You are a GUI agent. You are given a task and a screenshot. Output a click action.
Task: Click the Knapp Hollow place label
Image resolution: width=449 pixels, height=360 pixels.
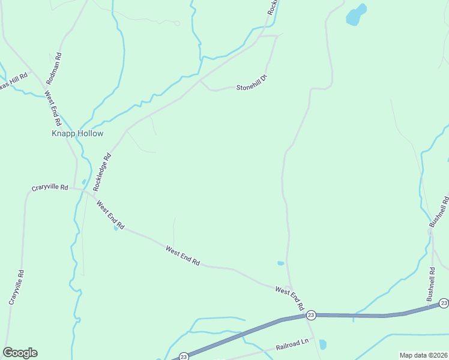pyautogui.click(x=77, y=134)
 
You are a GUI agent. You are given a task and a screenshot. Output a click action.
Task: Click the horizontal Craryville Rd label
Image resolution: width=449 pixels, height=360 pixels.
pyautogui.click(x=50, y=188)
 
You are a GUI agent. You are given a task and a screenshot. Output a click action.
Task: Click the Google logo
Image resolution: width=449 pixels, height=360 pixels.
pyautogui.click(x=20, y=353)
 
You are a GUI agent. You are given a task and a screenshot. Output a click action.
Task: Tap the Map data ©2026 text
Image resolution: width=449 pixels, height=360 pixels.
pyautogui.click(x=423, y=355)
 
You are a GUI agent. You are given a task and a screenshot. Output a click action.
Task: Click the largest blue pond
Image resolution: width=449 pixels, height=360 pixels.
pyautogui.click(x=356, y=15)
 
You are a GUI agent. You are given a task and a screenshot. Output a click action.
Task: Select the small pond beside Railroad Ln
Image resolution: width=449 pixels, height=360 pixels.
pyautogui.click(x=323, y=344)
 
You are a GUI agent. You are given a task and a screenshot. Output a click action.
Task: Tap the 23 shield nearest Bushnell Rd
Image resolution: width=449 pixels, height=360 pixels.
pyautogui.click(x=443, y=303)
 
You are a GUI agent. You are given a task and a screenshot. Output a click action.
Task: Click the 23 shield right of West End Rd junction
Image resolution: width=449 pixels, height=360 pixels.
pyautogui.click(x=310, y=315)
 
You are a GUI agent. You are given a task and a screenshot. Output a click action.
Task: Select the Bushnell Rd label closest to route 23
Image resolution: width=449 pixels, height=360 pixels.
pyautogui.click(x=431, y=284)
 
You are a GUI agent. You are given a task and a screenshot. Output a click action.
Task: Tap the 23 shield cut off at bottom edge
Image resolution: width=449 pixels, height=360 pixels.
pyautogui.click(x=184, y=356)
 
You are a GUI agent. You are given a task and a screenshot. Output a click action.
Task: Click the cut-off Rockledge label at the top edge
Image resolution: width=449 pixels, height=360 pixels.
pyautogui.click(x=272, y=7)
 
